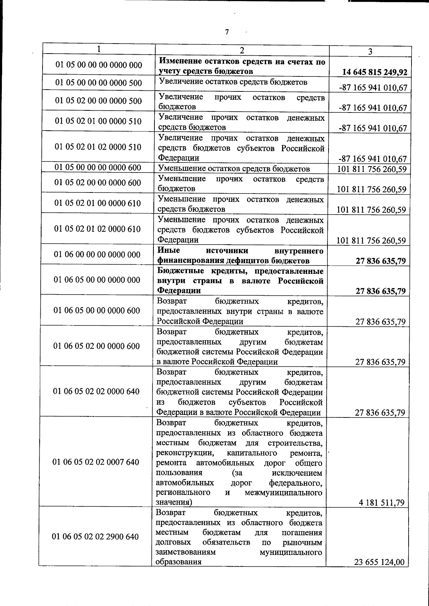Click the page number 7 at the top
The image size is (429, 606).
pos(227,32)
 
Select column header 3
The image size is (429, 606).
pos(370,51)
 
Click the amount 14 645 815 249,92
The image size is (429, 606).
pos(375,72)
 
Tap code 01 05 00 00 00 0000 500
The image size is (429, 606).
pos(99,83)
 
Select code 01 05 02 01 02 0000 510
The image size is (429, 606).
pos(98,147)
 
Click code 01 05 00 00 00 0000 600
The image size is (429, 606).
pos(98,167)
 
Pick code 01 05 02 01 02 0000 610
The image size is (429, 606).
pos(97,229)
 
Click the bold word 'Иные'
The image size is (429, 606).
pos(169,250)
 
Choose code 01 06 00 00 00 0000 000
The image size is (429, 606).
pos(97,255)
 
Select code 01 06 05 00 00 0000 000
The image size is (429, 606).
pos(97,280)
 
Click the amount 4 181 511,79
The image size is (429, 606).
pos(381,503)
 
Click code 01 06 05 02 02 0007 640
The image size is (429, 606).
pos(96,462)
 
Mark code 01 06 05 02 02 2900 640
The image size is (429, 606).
pos(95,537)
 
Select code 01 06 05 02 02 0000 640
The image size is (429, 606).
pos(96,391)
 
